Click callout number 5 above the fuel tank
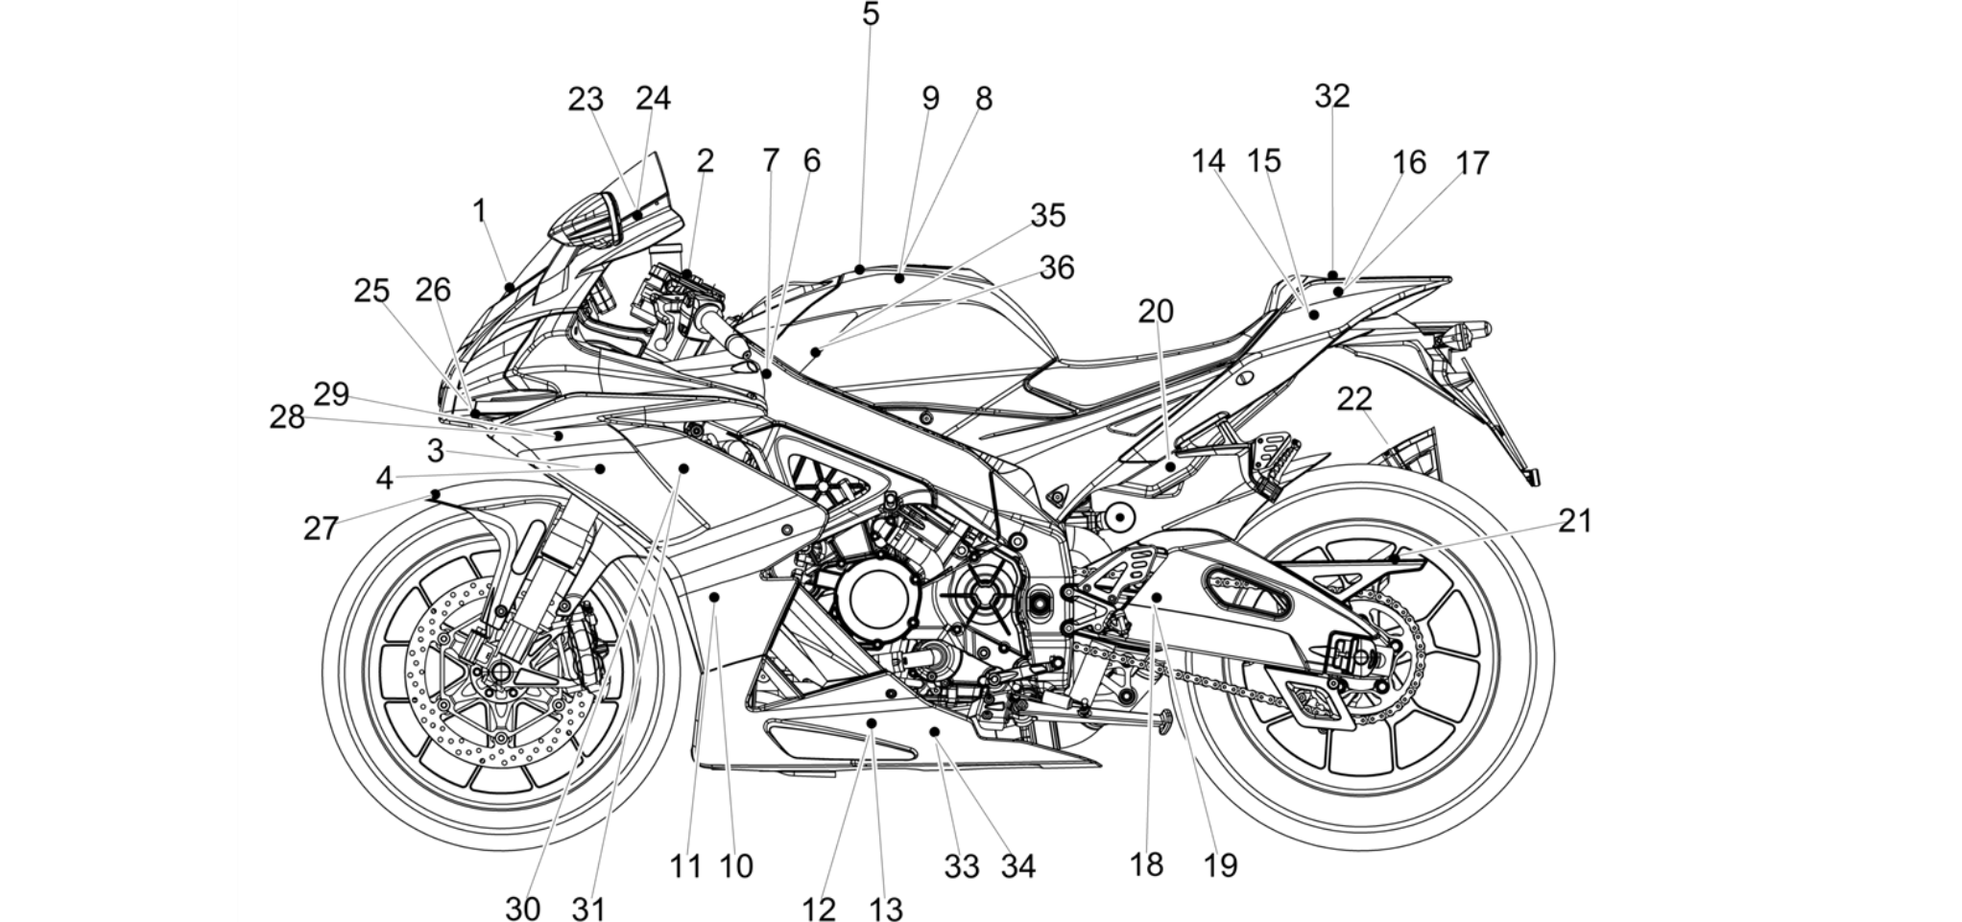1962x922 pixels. (x=871, y=14)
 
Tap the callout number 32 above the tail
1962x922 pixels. (x=1332, y=96)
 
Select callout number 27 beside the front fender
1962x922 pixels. (x=322, y=528)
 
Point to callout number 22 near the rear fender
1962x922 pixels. (x=1354, y=398)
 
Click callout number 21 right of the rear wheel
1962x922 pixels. (x=1575, y=521)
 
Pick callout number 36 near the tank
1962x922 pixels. (x=1057, y=268)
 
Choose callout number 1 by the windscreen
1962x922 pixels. (x=480, y=211)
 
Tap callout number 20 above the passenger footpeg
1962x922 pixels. (x=1157, y=311)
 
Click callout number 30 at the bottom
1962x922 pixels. (x=523, y=909)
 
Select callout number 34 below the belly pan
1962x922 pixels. (x=1018, y=866)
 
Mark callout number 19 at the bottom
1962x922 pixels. (x=1221, y=865)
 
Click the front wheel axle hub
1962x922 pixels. (x=500, y=671)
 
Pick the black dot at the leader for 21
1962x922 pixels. (x=1394, y=557)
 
